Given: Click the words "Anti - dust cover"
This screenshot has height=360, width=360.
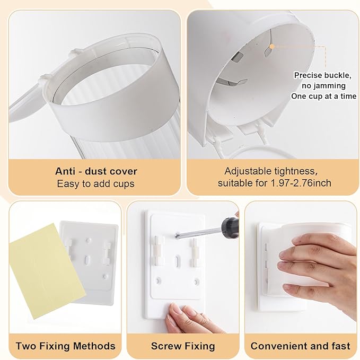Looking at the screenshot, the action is coord(96,171).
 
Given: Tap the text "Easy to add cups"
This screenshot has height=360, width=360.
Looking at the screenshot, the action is coord(96,183).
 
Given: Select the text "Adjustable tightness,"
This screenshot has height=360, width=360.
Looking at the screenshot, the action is coord(271,171).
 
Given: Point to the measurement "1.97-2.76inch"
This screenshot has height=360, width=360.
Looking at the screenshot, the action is coord(301,183).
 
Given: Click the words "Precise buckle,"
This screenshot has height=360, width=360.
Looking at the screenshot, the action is coord(323,75).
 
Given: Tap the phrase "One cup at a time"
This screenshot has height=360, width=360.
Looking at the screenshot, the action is coord(324,96).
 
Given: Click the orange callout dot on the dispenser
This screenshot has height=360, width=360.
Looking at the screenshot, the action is coord(273,46).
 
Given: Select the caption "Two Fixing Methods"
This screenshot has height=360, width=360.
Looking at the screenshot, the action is coord(65,346).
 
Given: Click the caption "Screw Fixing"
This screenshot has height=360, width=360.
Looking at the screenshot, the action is coord(183,346).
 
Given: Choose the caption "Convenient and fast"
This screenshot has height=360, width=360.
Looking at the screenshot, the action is coord(301,346).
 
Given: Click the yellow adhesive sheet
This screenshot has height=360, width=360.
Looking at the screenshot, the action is coord(47,271).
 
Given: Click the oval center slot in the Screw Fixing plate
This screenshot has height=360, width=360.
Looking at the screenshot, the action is coord(177,261).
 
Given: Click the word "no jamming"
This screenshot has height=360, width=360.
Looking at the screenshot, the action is coord(323,86).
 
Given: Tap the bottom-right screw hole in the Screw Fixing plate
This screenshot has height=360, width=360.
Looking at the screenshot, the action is coord(196,281).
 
